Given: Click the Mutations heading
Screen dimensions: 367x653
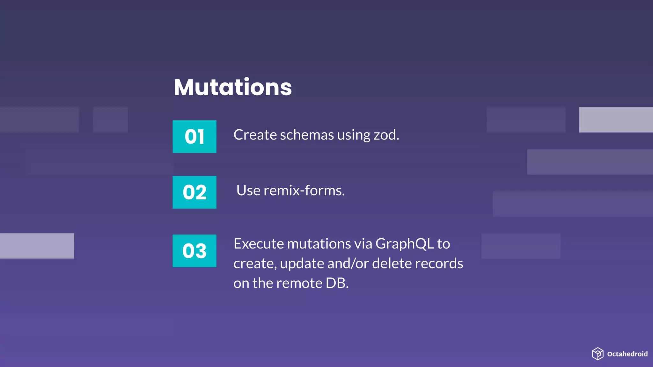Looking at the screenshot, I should coord(233,87).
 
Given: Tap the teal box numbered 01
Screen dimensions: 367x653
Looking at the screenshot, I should coord(194,137).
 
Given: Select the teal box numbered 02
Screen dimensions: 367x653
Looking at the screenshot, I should coord(194,192).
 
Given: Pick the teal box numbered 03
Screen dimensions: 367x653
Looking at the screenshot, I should coord(194,251).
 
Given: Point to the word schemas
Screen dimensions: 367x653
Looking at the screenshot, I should coord(307,135).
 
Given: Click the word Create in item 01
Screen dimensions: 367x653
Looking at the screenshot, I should coord(255,135).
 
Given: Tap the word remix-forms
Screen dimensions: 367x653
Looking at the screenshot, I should coord(304,191).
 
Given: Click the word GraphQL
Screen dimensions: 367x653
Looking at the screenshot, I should coord(404,244).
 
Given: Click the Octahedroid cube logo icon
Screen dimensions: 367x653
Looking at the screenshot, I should coord(598,354).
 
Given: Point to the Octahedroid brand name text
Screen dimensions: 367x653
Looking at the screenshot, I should coord(627,354).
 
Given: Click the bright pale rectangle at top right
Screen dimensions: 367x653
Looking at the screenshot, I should coord(616,120).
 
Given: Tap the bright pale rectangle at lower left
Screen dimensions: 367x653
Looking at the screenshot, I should coord(37,246).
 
